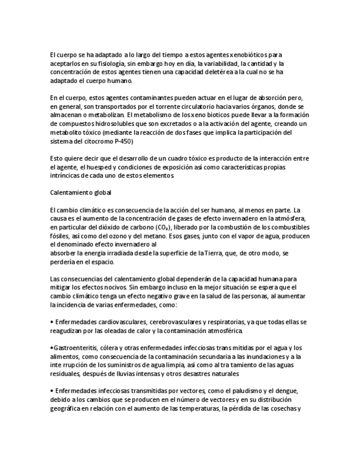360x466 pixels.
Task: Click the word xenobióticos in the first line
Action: click(x=237, y=54)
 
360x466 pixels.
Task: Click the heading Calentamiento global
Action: click(x=80, y=193)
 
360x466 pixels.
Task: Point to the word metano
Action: click(x=151, y=236)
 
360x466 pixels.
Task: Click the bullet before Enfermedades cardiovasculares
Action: click(x=51, y=322)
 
